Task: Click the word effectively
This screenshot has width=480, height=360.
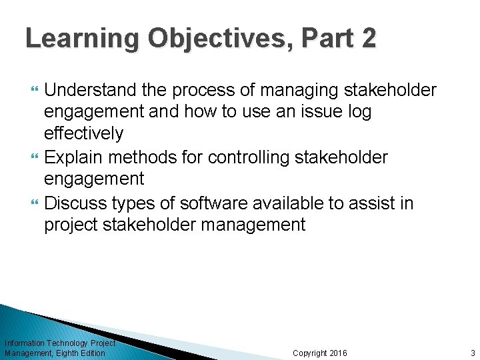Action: pos(83,133)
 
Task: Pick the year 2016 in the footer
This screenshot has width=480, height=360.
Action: pos(337,353)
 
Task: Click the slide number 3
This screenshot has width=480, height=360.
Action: pos(472,353)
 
